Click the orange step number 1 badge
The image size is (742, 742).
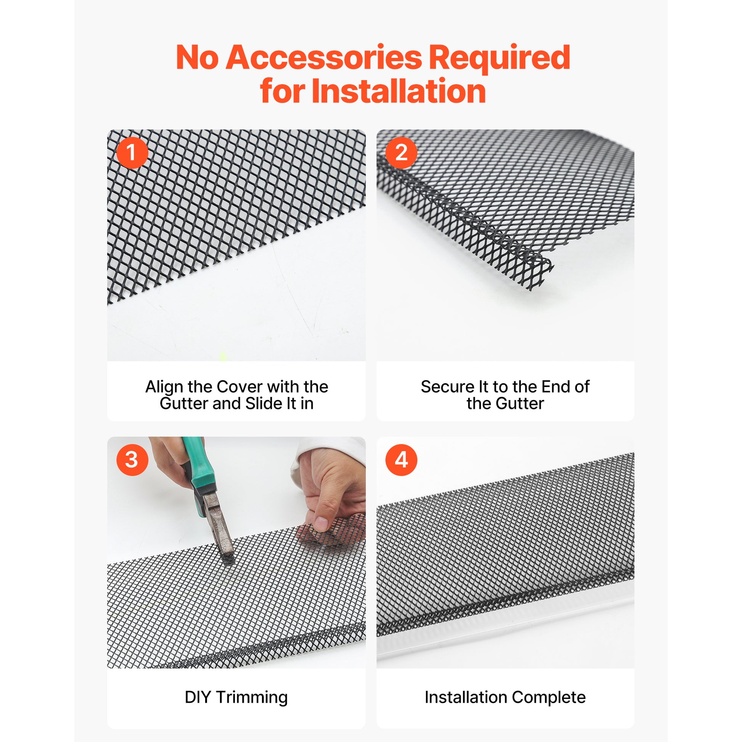(132, 153)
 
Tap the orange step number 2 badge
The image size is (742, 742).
(402, 153)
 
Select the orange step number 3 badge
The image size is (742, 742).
(132, 460)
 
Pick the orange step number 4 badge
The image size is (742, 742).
(402, 460)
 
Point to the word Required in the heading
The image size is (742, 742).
(499, 58)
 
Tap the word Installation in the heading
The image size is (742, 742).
(399, 91)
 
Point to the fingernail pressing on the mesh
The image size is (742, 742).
(321, 524)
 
